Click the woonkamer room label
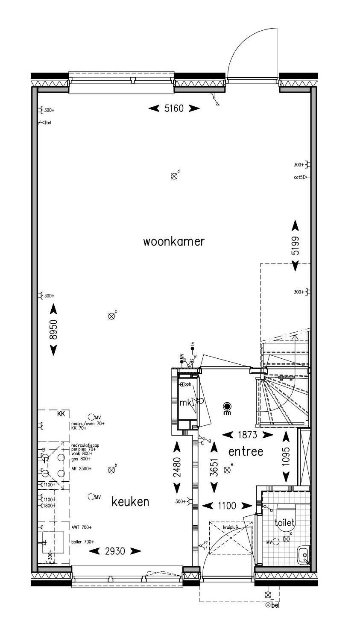tap(174, 242)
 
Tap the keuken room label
tap(130, 501)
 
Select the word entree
tap(246, 451)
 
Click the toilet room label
tap(285, 522)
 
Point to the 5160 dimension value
tap(174, 108)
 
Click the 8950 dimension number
tap(53, 329)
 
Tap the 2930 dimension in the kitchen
tap(115, 551)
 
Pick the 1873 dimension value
tap(248, 435)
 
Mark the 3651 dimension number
tap(214, 467)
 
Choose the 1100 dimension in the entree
tap(227, 506)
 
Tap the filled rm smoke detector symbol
tap(227, 406)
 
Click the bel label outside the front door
tap(275, 605)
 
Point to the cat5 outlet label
tap(299, 177)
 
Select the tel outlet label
tap(49, 123)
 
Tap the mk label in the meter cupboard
tap(185, 402)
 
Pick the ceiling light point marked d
tap(174, 176)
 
